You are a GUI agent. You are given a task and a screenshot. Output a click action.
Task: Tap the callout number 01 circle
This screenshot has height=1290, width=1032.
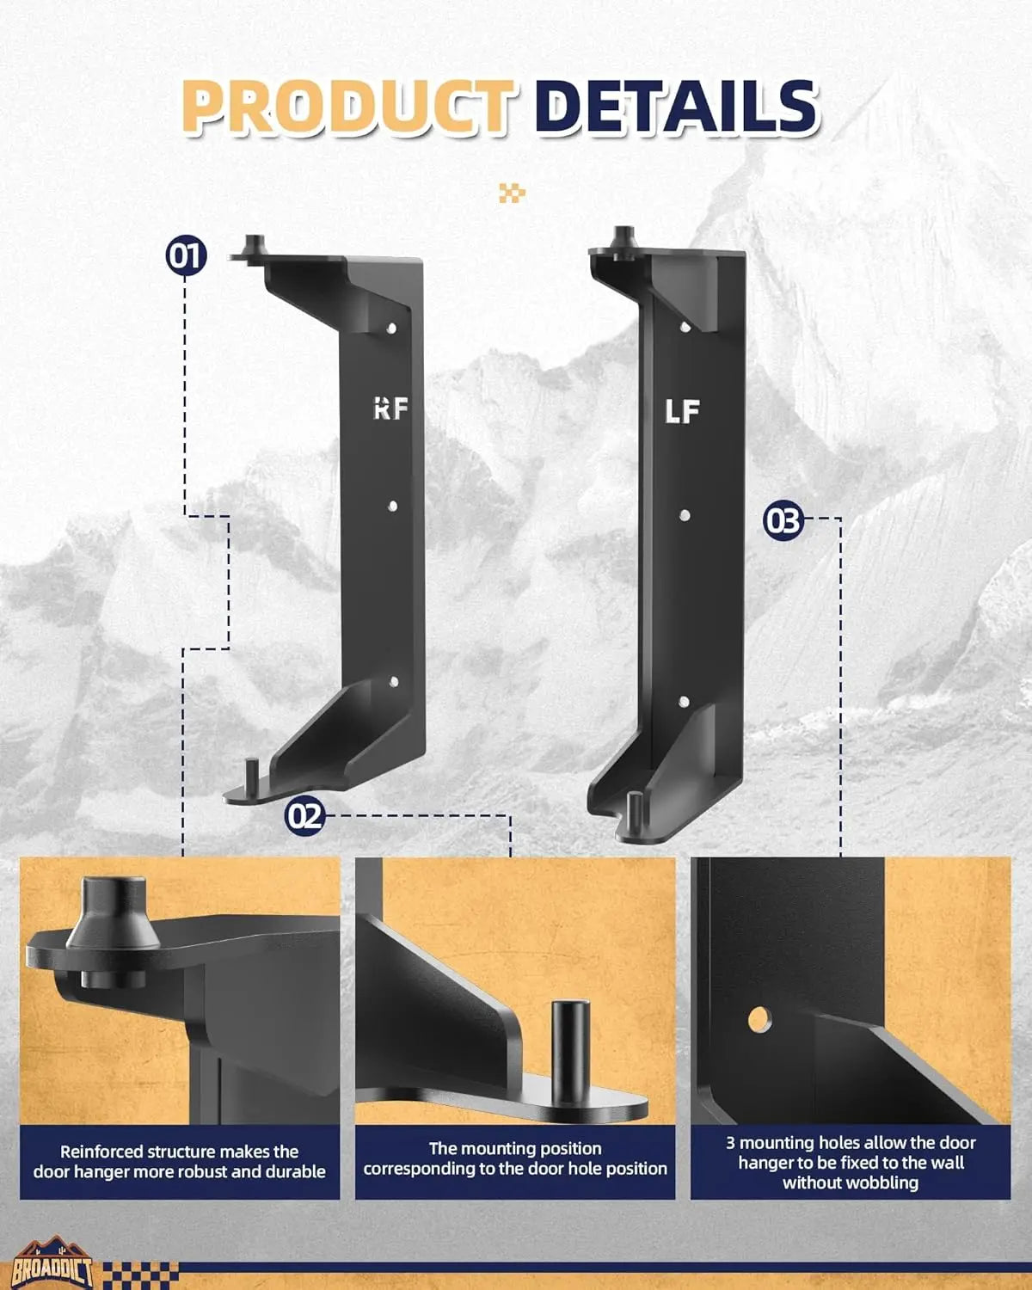point(186,255)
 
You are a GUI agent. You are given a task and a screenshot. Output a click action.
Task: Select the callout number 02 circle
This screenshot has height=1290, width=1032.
point(304,814)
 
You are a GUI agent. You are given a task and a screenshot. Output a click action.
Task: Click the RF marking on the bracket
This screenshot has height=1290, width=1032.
point(390,409)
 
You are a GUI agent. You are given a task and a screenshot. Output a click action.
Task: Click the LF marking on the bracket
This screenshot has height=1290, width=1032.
point(682,412)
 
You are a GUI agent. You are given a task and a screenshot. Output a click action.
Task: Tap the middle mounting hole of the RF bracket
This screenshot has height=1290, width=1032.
point(392,507)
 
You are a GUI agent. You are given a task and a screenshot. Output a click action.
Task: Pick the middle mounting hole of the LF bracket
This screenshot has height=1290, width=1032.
point(685,515)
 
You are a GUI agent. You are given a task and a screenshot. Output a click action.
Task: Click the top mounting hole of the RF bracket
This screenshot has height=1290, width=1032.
point(391,328)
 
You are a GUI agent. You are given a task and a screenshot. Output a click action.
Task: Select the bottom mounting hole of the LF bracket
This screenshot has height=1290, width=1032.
point(685,702)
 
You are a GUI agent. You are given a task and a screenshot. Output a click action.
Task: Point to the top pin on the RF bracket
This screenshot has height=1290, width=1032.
point(254,244)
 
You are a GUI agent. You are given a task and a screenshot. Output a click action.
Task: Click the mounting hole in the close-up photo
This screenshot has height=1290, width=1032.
point(759,1020)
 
